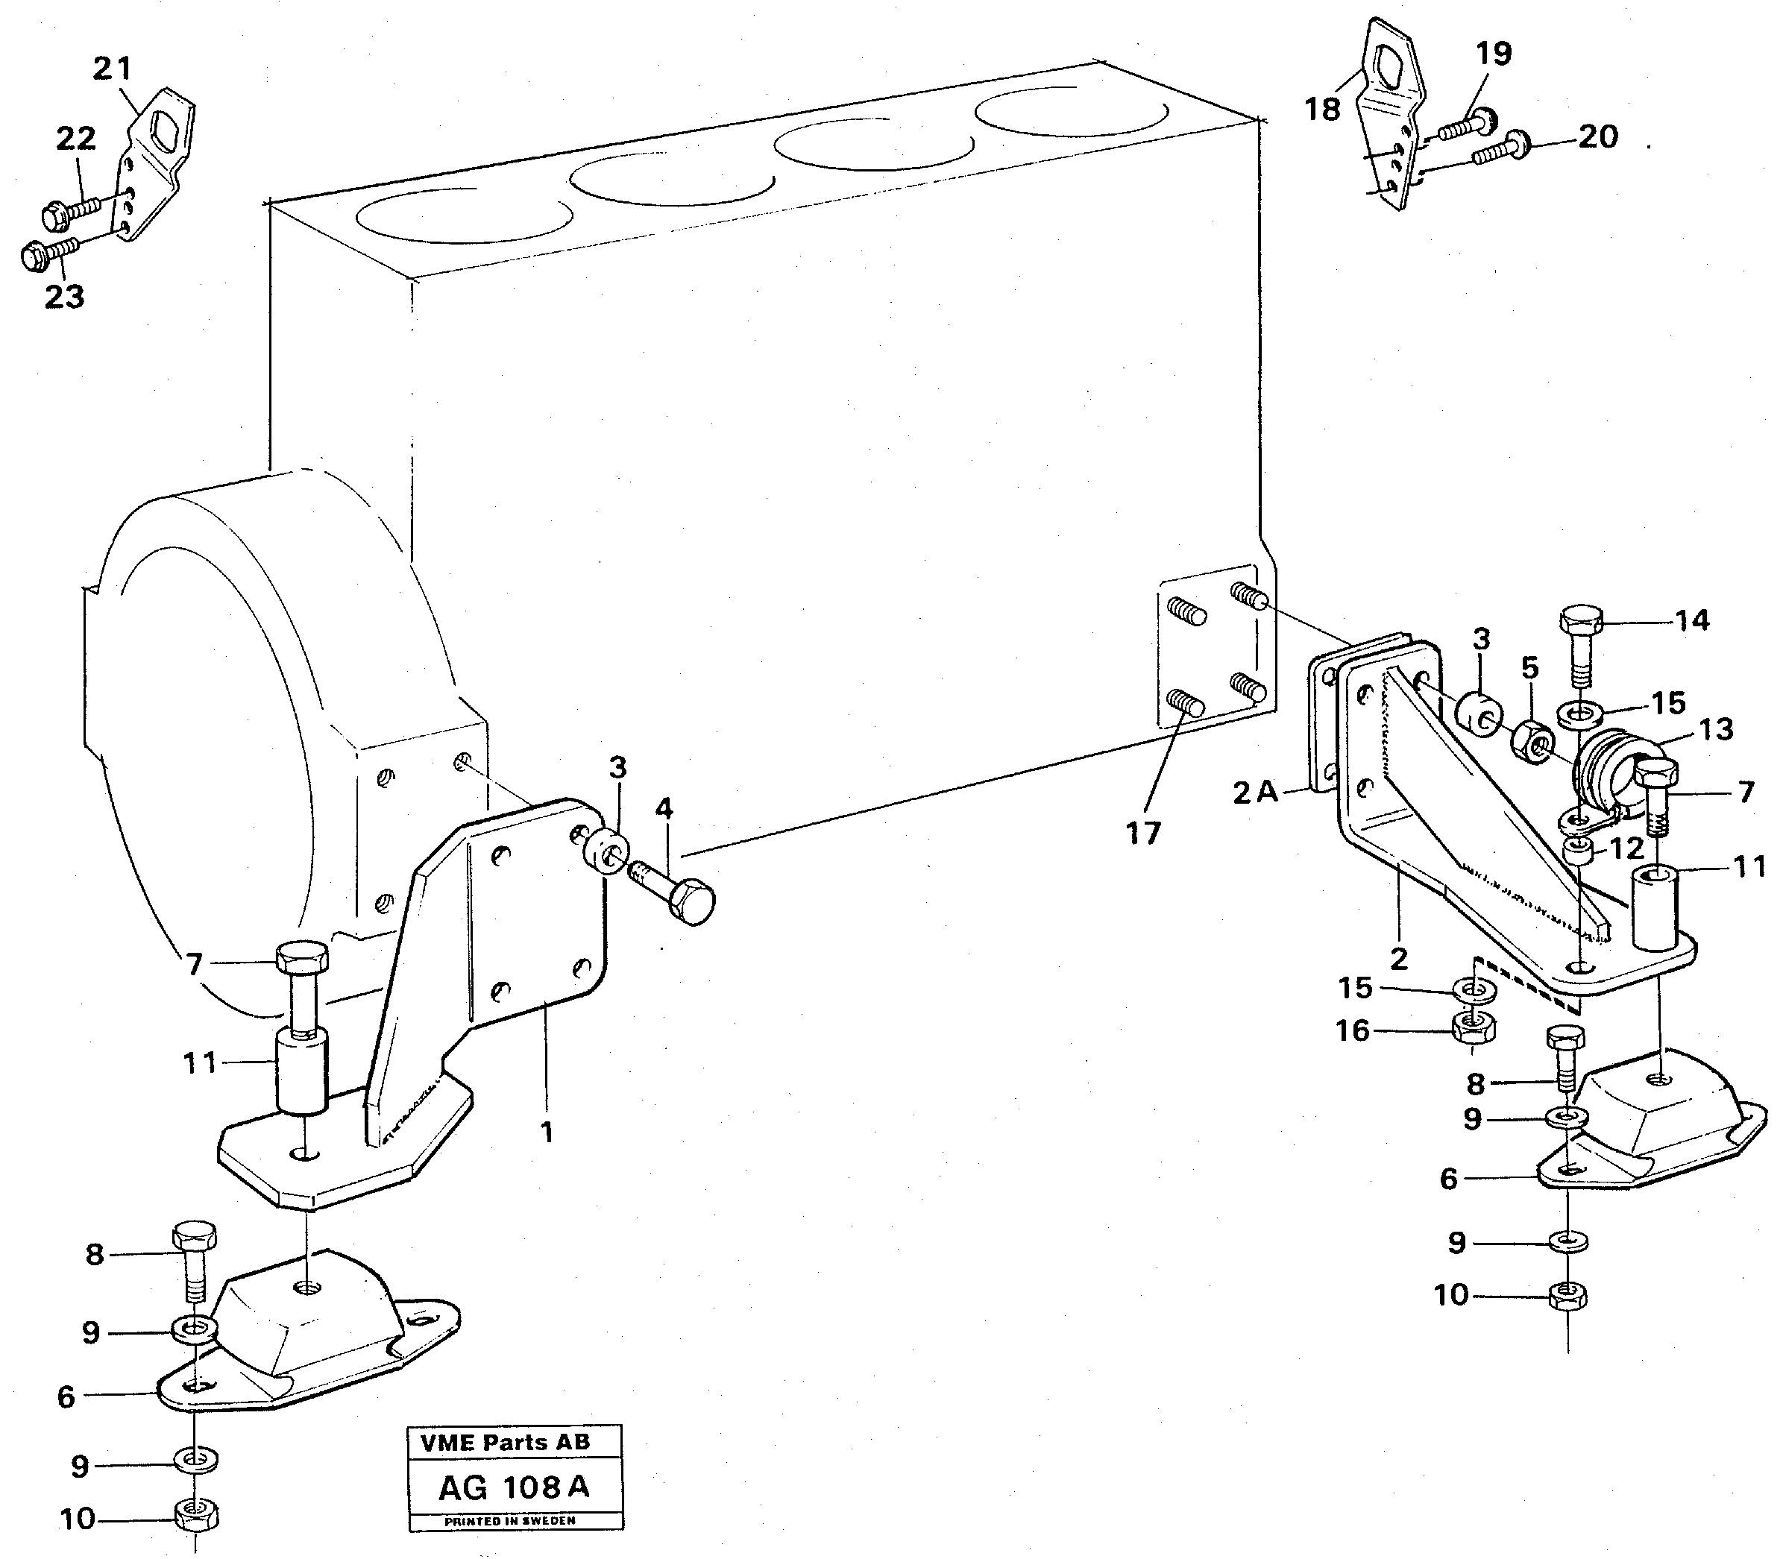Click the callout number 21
tap(113, 69)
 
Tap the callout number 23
tap(63, 296)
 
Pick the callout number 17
tap(1143, 833)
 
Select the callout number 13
tap(1716, 729)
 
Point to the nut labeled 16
tap(1474, 1029)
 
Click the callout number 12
tap(1626, 848)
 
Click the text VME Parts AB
tap(505, 1443)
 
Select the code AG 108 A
tap(513, 1487)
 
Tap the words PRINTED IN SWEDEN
tap(510, 1521)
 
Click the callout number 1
tap(547, 1133)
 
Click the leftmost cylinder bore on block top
tap(464, 215)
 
